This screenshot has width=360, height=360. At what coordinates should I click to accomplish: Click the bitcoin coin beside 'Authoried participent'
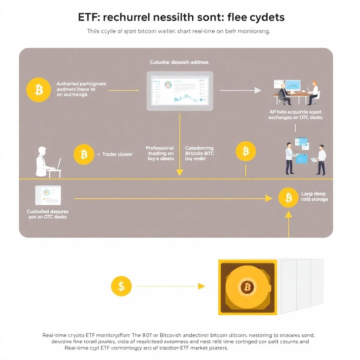[x=39, y=90]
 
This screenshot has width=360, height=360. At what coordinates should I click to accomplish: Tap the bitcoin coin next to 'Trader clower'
[x=84, y=154]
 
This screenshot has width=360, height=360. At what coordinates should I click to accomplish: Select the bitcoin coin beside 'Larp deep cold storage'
[x=288, y=198]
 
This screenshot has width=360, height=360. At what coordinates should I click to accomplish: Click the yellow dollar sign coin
[x=121, y=286]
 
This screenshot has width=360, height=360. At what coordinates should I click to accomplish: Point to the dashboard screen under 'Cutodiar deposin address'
[x=180, y=91]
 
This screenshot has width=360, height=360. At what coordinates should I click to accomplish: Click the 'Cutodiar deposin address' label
[x=179, y=62]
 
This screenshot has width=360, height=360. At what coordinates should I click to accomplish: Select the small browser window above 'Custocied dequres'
[x=48, y=195]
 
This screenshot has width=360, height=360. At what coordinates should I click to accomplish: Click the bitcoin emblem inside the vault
[x=247, y=287]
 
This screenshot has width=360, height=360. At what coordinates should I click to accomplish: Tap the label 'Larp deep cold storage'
[x=314, y=197]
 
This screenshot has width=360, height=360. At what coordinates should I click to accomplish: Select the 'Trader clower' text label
[x=117, y=154]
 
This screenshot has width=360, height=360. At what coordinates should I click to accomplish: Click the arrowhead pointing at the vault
[x=201, y=286]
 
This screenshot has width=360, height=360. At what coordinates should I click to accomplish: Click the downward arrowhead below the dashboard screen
[x=180, y=172]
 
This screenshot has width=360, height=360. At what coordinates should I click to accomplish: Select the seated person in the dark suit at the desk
[x=284, y=95]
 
